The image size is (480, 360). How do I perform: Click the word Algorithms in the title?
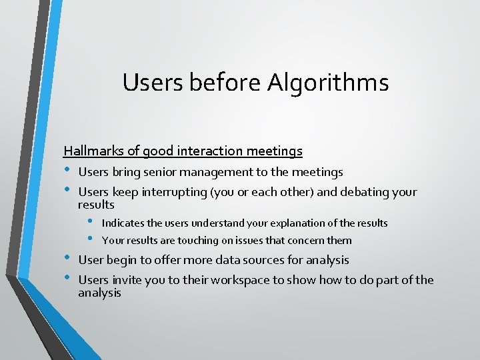[x=328, y=83]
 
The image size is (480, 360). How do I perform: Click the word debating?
[x=365, y=193]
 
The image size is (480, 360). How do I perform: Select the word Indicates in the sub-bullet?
[x=125, y=223]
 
